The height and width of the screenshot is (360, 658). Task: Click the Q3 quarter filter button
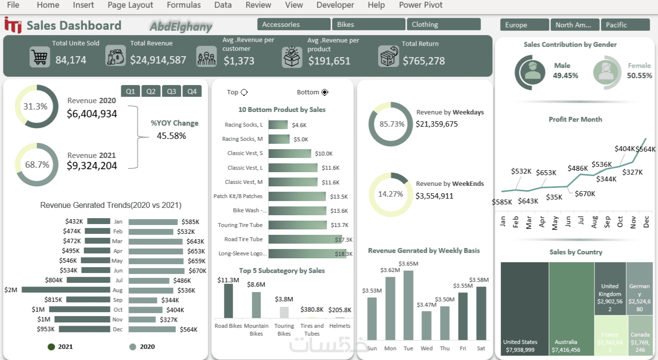coord(172,91)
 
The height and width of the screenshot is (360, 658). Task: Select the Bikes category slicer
coord(369,24)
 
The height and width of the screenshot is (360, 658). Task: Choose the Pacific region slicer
coord(625,25)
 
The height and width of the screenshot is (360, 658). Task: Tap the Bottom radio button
coord(325,92)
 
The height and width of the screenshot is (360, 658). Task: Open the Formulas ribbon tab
coord(184,5)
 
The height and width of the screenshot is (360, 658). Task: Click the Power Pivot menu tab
coord(420,5)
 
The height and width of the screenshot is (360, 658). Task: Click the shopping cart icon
coord(39,57)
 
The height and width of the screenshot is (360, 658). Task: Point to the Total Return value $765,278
coord(423,61)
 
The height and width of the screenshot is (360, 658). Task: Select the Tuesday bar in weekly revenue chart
coord(408,305)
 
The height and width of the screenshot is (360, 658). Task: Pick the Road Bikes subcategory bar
coord(228,300)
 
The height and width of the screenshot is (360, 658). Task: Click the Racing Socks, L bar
coord(278,125)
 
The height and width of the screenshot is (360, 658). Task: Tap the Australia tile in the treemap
coord(571,308)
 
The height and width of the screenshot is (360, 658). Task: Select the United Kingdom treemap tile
coord(610,289)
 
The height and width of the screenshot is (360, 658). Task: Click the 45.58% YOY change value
coord(171,136)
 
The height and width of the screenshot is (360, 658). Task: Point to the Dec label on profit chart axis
coord(646,223)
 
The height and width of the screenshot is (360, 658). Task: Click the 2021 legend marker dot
coord(51,347)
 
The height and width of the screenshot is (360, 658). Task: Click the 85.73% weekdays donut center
coord(392,124)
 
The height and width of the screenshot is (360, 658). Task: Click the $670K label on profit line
coord(585,194)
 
